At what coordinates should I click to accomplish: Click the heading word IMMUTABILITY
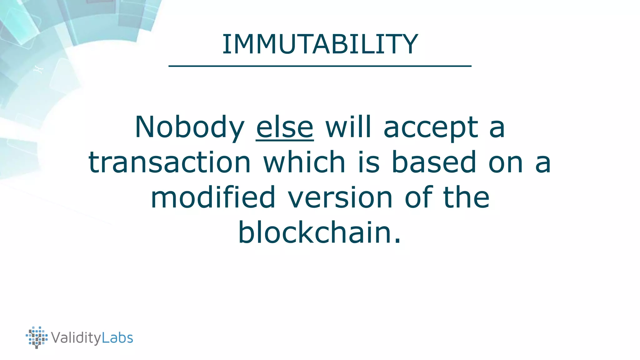(320, 44)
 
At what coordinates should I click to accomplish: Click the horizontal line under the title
(320, 66)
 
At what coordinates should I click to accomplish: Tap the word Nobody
(189, 127)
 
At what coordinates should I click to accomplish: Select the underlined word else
(285, 127)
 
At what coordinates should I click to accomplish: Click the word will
(348, 127)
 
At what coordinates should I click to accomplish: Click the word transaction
(170, 162)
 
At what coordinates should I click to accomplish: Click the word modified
(213, 197)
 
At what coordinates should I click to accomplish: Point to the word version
(340, 198)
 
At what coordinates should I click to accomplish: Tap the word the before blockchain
(466, 197)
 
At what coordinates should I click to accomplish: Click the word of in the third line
(418, 197)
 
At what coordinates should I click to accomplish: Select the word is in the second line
(368, 162)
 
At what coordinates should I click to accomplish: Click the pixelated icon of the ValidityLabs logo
(37, 337)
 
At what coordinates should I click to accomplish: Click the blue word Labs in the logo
(117, 338)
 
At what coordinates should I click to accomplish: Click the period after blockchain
(397, 241)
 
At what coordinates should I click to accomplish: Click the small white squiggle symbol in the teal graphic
(38, 69)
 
